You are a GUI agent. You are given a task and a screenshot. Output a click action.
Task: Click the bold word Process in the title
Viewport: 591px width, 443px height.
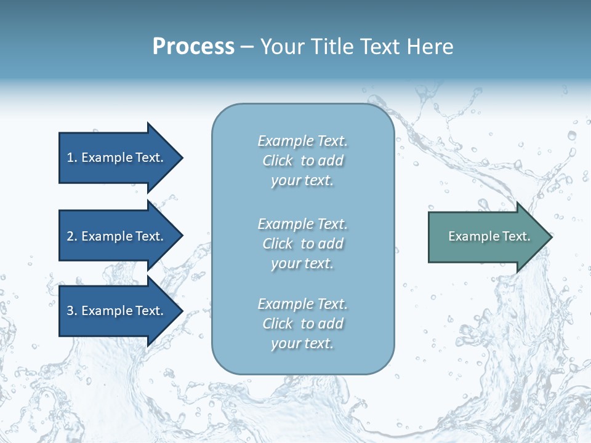[x=193, y=47]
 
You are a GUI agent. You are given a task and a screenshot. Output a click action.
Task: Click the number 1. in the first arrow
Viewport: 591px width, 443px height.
[x=71, y=158]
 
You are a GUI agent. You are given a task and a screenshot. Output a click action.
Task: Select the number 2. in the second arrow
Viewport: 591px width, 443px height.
[x=71, y=236]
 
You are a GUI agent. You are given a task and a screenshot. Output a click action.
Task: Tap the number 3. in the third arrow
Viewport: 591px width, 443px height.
[x=71, y=311]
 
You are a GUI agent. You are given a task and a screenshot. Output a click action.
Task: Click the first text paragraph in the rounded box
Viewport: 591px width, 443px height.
[x=302, y=161]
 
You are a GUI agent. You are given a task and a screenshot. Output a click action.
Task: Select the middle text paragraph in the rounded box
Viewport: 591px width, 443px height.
[x=302, y=244]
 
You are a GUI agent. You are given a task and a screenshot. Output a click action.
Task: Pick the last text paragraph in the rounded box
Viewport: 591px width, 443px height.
[x=302, y=324]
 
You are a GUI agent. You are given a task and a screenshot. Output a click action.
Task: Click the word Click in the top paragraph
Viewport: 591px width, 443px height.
[x=278, y=161]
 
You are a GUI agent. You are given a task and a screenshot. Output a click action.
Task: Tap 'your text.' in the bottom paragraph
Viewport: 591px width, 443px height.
[x=302, y=343]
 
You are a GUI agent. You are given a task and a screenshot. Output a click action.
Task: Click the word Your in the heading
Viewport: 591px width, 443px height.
[x=281, y=47]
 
